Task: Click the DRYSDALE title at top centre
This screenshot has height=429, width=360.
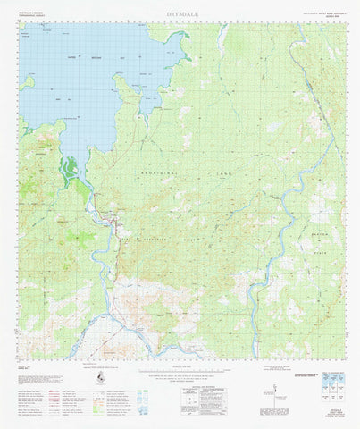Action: coord(180,14)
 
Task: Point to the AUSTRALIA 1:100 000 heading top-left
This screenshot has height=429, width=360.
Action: coord(32,13)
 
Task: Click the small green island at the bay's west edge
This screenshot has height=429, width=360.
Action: coord(29,82)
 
